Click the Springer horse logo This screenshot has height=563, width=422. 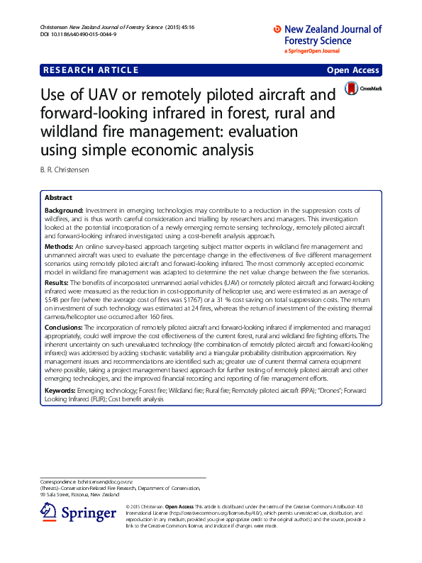tap(49, 513)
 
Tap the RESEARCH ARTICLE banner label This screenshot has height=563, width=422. tap(91, 69)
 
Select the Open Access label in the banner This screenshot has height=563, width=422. tap(353, 69)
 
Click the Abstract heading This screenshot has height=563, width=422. tap(58, 197)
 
